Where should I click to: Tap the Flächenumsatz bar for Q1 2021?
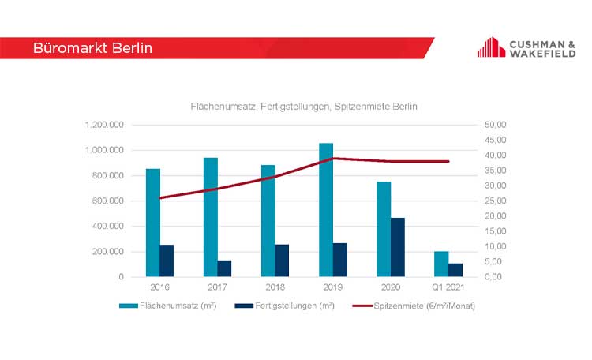click(441, 264)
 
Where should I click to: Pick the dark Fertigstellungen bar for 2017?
click(224, 268)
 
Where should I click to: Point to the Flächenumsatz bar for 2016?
click(152, 223)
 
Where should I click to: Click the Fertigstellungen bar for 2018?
click(282, 261)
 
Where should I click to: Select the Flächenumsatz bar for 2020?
click(384, 229)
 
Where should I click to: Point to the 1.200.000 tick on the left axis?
click(106, 125)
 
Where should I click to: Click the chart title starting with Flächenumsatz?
click(303, 106)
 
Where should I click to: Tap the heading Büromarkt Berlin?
click(92, 48)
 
